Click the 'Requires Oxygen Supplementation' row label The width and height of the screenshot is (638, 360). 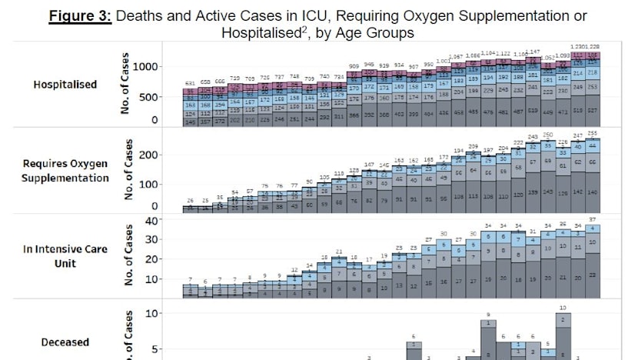[x=65, y=171]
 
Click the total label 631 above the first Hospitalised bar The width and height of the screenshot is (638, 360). [x=189, y=83]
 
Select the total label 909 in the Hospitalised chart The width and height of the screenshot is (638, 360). [x=354, y=66]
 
